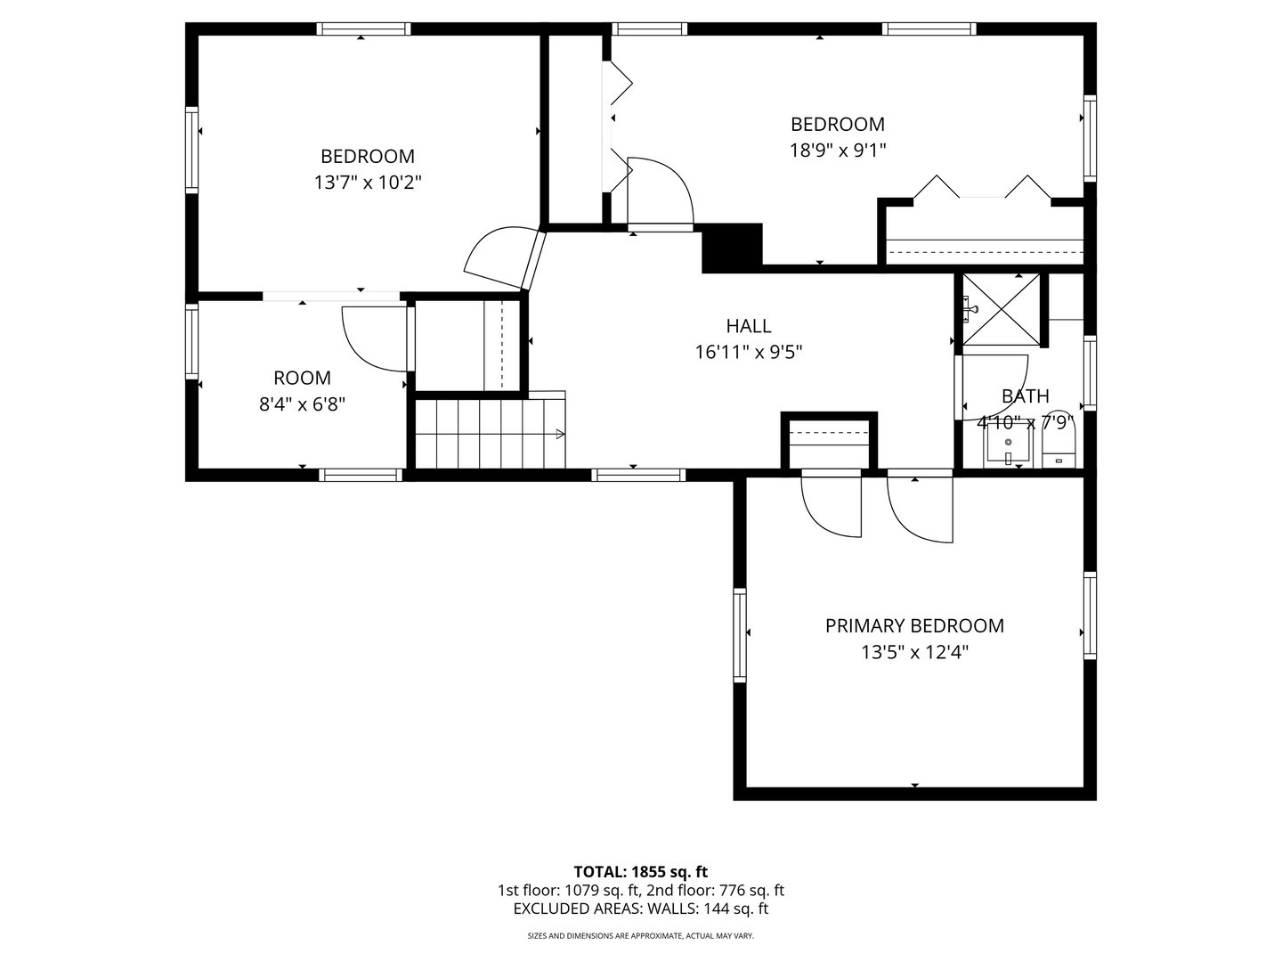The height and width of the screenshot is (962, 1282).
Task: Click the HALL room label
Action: click(748, 326)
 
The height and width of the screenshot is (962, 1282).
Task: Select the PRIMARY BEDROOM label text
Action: click(914, 626)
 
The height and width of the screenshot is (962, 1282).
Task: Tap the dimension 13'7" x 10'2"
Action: click(367, 183)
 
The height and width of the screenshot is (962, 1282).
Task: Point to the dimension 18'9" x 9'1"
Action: click(837, 151)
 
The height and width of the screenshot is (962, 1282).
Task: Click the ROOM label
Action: click(302, 378)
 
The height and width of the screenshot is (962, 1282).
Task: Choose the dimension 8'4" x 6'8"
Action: click(302, 404)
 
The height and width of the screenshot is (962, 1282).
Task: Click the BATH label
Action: click(1025, 396)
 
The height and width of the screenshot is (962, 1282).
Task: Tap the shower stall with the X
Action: click(1002, 308)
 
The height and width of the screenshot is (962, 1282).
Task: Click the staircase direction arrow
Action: click(558, 434)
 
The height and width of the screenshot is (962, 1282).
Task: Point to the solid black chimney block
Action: click(733, 247)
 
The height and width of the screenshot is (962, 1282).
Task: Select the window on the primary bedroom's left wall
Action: click(739, 634)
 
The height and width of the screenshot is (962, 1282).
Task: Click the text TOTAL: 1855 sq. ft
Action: click(640, 871)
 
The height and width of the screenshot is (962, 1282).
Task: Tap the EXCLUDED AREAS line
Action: click(640, 909)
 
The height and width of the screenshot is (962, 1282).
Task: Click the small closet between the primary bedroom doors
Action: click(829, 439)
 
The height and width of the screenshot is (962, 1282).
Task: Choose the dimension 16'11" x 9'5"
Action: click(748, 353)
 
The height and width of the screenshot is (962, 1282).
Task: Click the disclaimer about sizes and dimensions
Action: click(640, 936)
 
